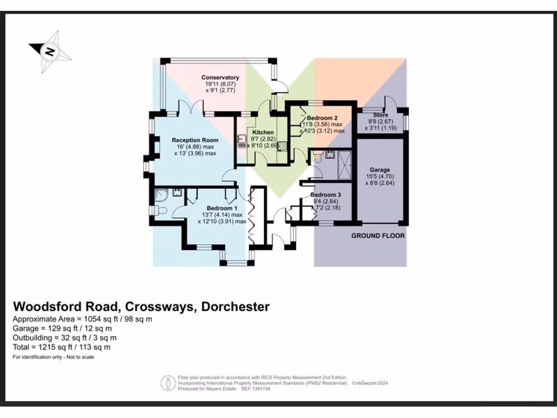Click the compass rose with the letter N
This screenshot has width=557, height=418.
click(x=50, y=52)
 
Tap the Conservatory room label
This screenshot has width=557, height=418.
click(x=220, y=78)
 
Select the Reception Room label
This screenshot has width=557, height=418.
click(x=195, y=140)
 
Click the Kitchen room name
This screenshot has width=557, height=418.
click(x=263, y=133)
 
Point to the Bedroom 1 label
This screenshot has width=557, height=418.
click(x=221, y=208)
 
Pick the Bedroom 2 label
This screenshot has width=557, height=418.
click(x=322, y=118)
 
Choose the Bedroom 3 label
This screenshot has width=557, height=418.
click(x=326, y=195)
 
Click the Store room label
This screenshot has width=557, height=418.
click(x=381, y=115)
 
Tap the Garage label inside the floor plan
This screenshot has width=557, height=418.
click(x=379, y=170)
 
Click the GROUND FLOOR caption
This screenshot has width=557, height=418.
click(x=378, y=236)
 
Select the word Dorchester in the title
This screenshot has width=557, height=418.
click(x=236, y=306)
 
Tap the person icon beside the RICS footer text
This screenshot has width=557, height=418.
click(x=166, y=383)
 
